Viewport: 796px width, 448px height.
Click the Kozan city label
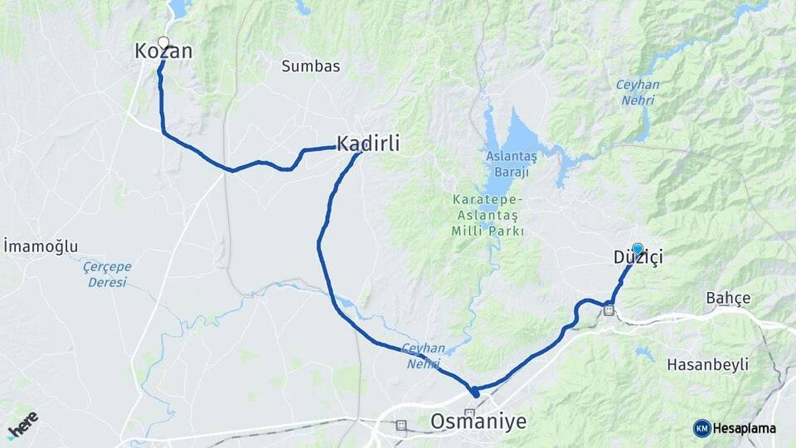pos(163,52)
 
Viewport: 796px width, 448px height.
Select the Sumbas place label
pos(311,66)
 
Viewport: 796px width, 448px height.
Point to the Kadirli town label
pos(368,144)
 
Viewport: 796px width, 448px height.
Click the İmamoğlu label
pos(41,246)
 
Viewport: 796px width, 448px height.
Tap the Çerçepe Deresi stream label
pos(107,275)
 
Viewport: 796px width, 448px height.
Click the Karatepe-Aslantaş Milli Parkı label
pos(488,216)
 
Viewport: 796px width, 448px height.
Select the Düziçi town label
pos(638,258)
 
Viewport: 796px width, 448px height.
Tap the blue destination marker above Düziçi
pos(638,248)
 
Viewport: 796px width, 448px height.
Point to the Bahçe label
pos(728,298)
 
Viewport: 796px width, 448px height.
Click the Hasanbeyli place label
pos(707,364)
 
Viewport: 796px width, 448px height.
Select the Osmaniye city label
pos(478,421)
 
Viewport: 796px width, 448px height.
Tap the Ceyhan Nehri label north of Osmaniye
pos(424,356)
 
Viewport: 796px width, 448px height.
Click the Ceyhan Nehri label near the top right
pos(637,92)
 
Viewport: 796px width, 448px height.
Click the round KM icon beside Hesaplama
pos(702,428)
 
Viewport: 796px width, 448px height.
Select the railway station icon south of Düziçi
pos(609,311)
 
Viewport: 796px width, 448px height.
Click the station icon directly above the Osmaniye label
pos(470,411)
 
